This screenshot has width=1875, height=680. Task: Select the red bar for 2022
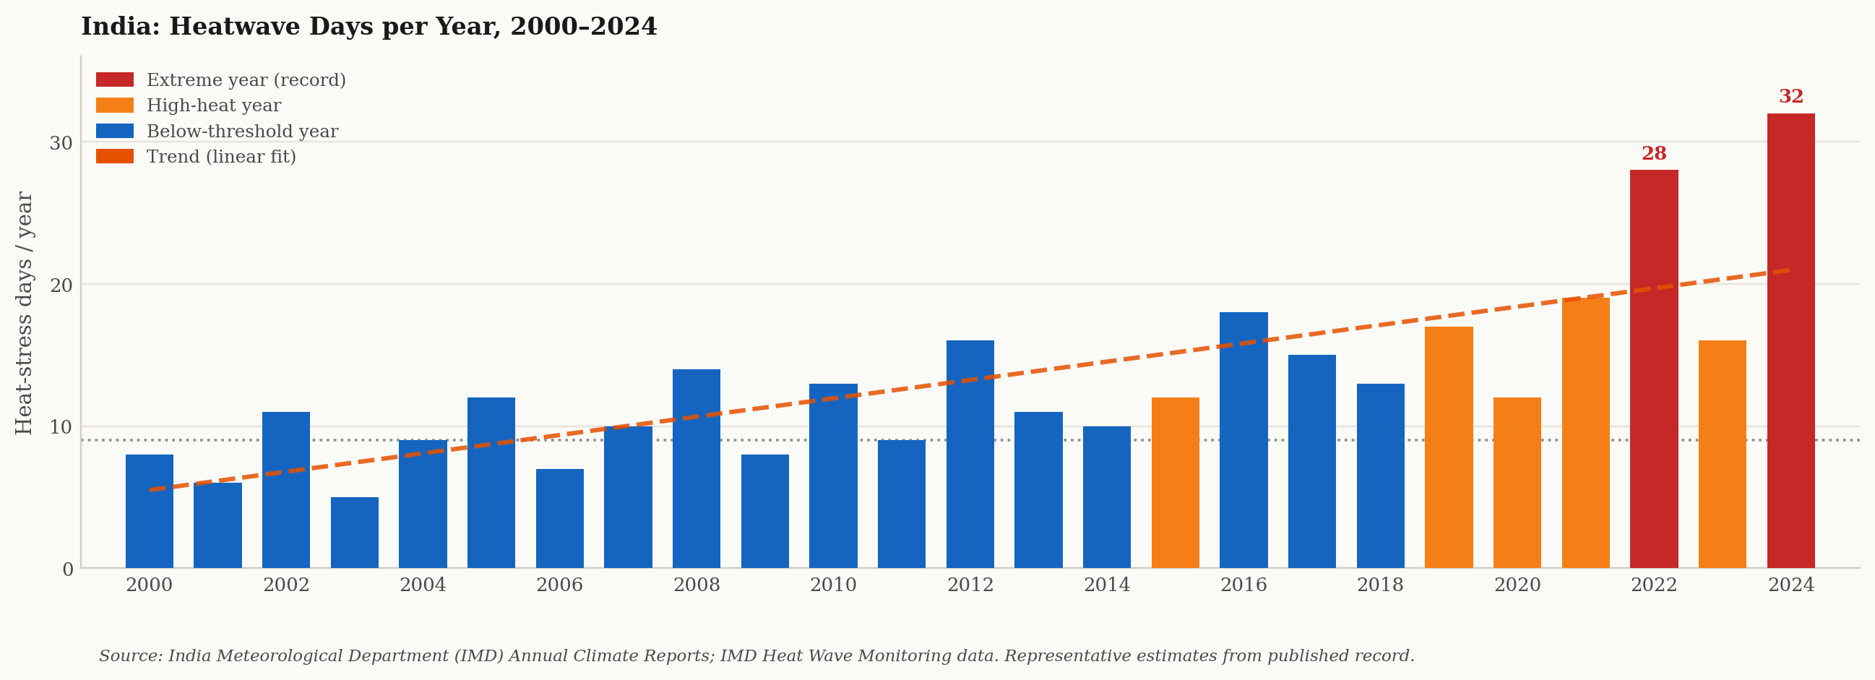[x=1654, y=369]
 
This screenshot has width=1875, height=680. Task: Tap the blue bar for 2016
[x=1243, y=440]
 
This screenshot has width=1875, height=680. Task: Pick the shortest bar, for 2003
[x=355, y=532]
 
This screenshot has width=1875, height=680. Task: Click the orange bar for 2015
[x=1175, y=483]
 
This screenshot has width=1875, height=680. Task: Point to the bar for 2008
[x=696, y=468]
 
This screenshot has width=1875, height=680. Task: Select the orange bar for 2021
[x=1585, y=432]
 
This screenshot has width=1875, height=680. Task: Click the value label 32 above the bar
[x=1791, y=96]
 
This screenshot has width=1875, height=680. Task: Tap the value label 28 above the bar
[x=1654, y=154]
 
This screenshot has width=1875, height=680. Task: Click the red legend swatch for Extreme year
[x=115, y=79]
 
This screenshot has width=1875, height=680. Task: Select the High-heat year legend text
[x=214, y=106]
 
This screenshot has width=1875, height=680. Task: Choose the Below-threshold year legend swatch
[x=115, y=131]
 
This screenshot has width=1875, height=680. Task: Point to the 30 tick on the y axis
[x=61, y=142]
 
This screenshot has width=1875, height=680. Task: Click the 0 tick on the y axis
[x=68, y=569]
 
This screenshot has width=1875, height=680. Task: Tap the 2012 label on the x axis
[x=970, y=585]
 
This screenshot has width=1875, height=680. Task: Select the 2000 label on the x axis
[x=150, y=585]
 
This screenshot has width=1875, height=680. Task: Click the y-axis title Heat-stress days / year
[x=24, y=313]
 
